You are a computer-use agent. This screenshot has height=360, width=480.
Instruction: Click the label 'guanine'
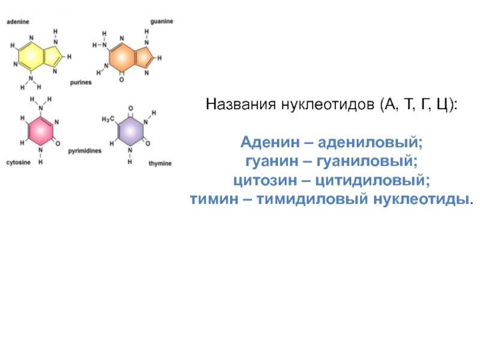click(x=161, y=22)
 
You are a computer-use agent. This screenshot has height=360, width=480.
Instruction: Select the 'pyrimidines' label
click(x=85, y=151)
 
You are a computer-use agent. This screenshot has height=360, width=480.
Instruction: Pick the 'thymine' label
click(x=161, y=163)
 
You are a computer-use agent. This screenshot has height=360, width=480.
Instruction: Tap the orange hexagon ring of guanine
click(x=122, y=57)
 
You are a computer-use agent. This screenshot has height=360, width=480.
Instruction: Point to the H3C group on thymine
click(x=107, y=119)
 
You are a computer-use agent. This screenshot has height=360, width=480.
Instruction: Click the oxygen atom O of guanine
click(x=121, y=79)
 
